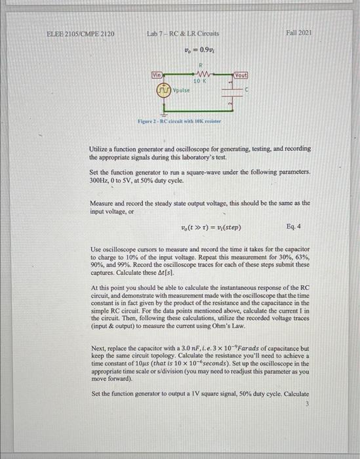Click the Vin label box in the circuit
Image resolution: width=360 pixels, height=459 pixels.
tap(157, 75)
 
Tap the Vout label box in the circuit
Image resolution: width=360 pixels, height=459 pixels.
tap(241, 75)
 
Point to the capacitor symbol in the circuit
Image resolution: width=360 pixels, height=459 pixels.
tap(232, 90)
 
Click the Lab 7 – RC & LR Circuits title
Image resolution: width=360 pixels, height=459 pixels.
tap(183, 32)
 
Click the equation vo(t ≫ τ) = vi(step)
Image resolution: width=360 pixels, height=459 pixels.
tap(210, 228)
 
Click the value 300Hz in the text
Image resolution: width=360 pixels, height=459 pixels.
tap(99, 180)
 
